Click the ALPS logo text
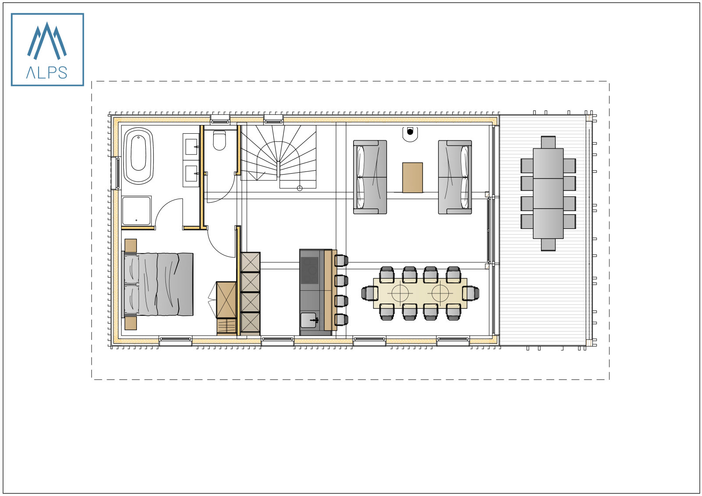pyautogui.click(x=47, y=72)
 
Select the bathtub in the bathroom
pyautogui.click(x=139, y=156)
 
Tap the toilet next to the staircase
pyautogui.click(x=219, y=140)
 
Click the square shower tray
pyautogui.click(x=136, y=211)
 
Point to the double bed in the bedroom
pyautogui.click(x=158, y=284)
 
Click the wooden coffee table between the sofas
pyautogui.click(x=412, y=177)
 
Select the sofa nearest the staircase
pyautogui.click(x=370, y=177)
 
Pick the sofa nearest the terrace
pyautogui.click(x=455, y=177)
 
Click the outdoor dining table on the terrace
pyautogui.click(x=548, y=193)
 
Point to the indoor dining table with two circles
pyautogui.click(x=420, y=293)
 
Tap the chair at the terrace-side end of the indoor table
pyautogui.click(x=471, y=293)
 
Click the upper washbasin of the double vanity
pyautogui.click(x=192, y=146)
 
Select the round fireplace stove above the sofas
pyautogui.click(x=410, y=132)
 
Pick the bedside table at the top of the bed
pyautogui.click(x=131, y=245)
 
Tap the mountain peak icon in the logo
pyautogui.click(x=47, y=41)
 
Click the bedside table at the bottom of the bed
pyautogui.click(x=131, y=323)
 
